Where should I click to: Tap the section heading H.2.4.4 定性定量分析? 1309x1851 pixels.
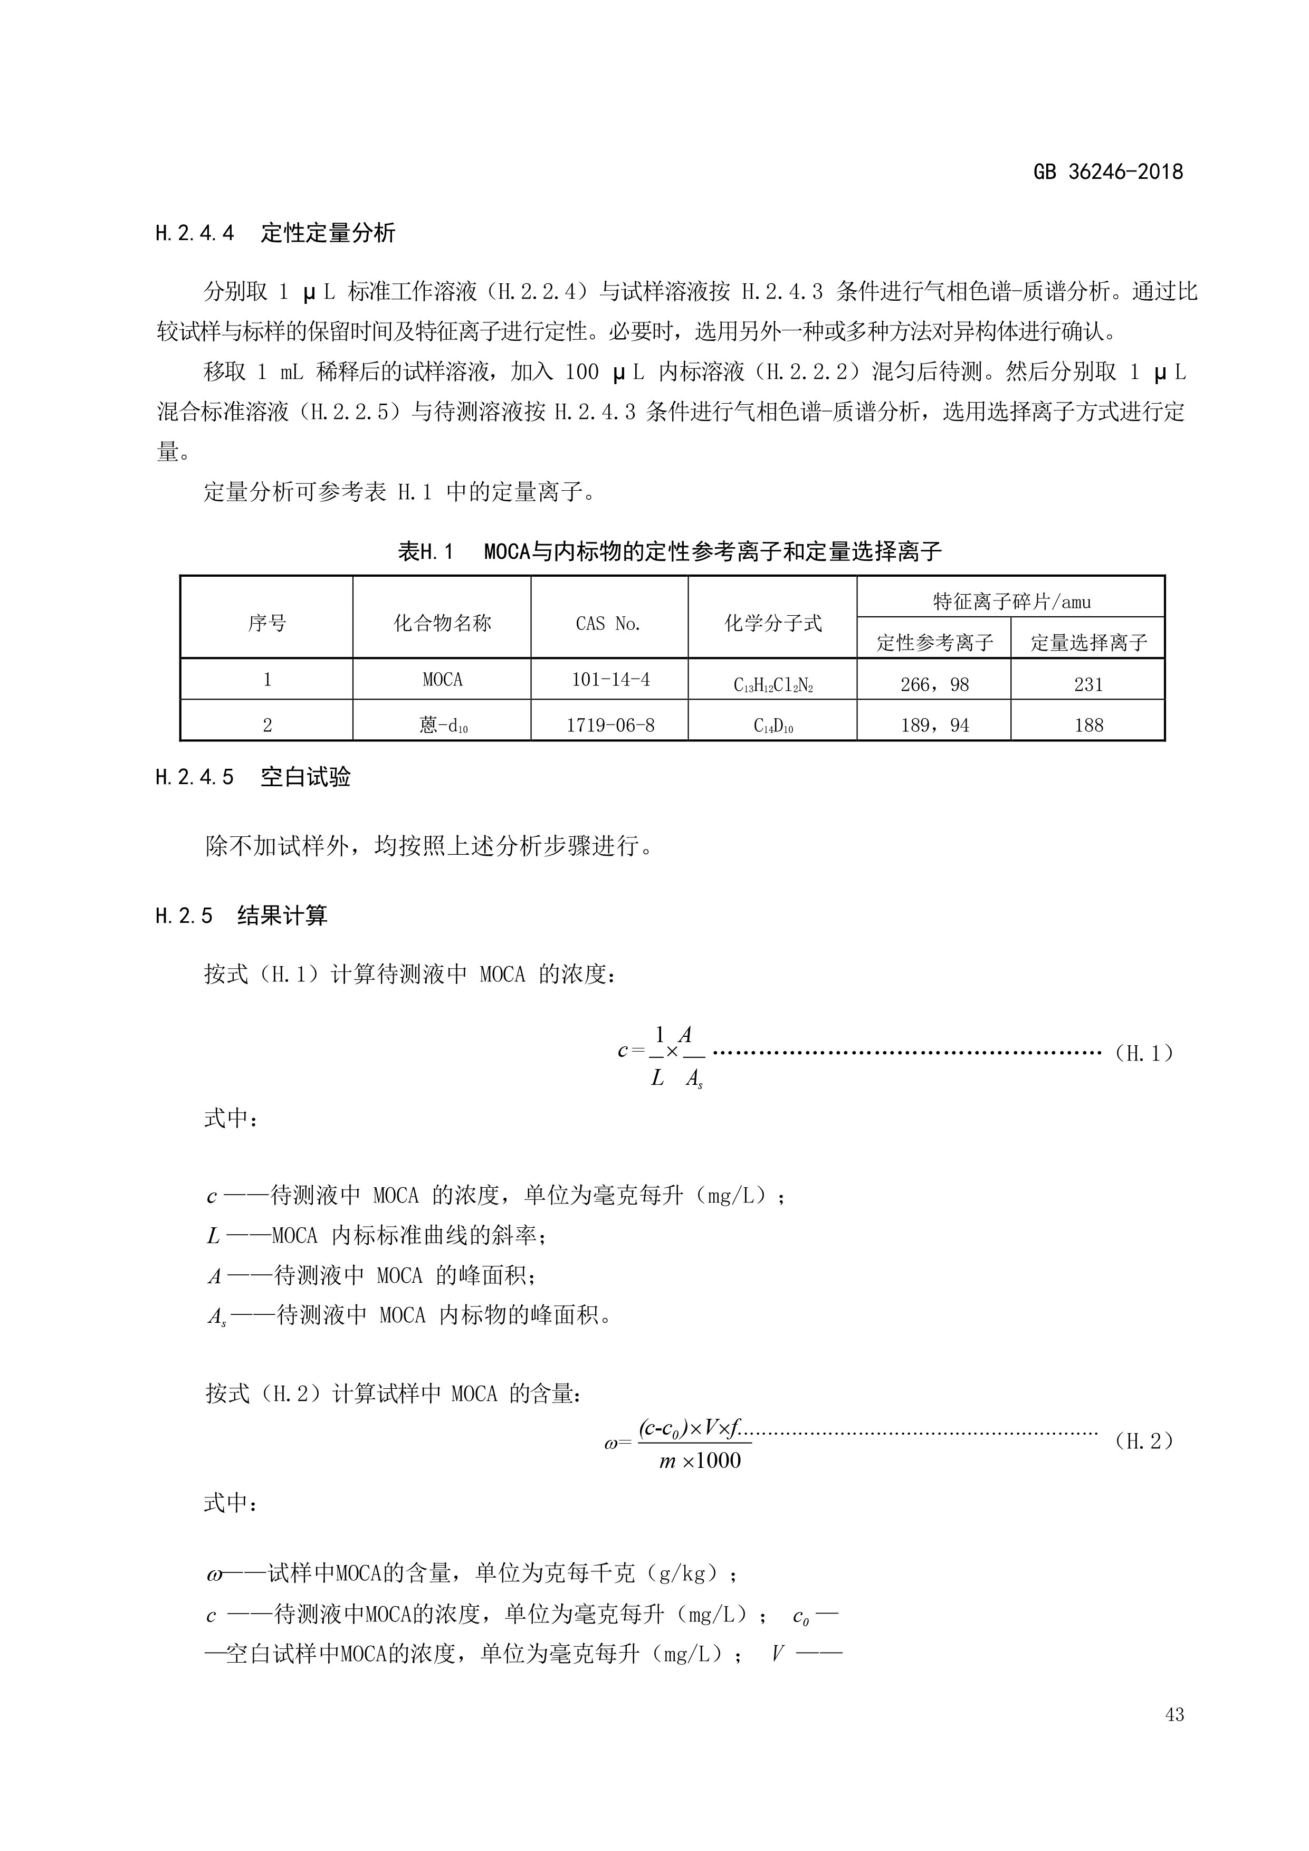tap(275, 234)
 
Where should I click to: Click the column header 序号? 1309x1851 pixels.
tap(267, 623)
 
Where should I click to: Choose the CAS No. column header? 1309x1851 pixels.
tap(608, 623)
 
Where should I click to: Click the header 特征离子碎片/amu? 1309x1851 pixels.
tap(1011, 602)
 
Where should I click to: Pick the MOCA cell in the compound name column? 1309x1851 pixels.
tap(443, 680)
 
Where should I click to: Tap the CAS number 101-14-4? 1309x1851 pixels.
tap(610, 680)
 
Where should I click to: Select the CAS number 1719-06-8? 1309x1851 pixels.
tap(610, 726)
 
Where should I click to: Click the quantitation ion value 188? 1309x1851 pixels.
tap(1088, 726)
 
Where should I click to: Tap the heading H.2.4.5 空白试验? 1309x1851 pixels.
tap(253, 778)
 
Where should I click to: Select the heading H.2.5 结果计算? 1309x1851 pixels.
tap(241, 916)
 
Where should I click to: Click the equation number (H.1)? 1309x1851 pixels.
tap(1144, 1053)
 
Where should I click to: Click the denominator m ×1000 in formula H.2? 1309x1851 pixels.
tap(700, 1461)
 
